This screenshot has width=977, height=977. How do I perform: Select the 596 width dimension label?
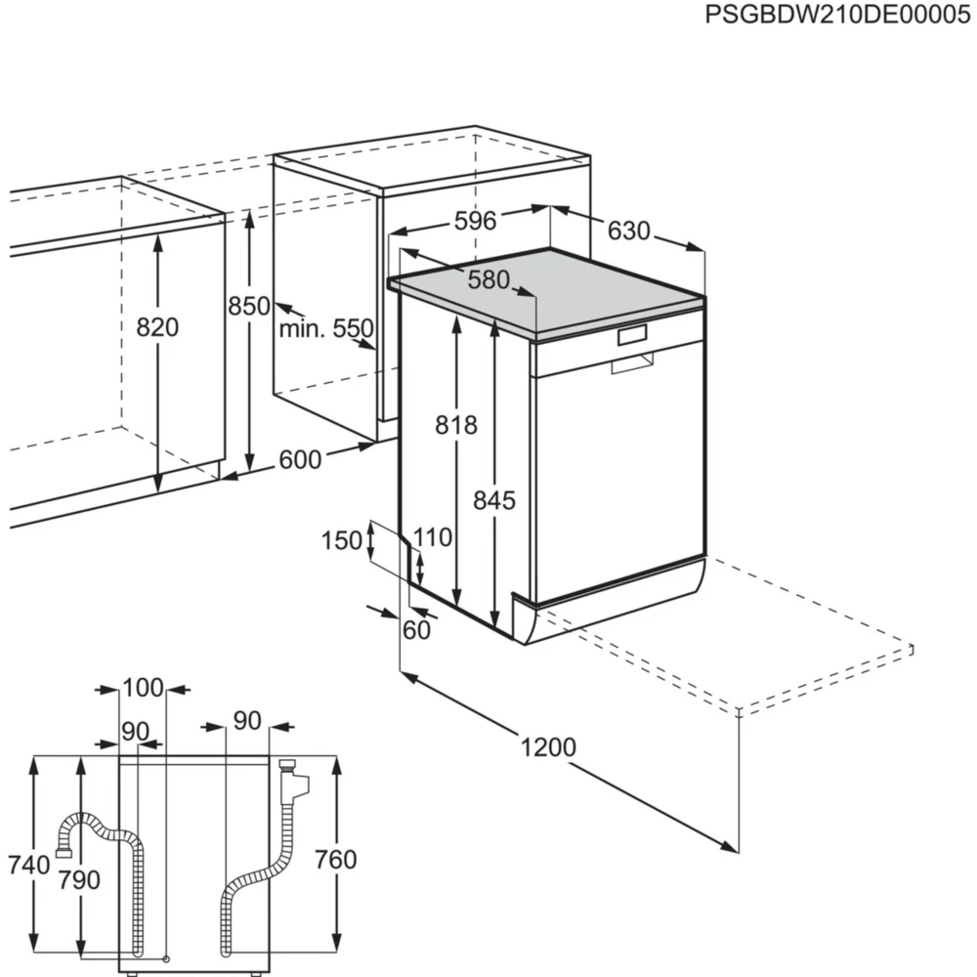click(475, 221)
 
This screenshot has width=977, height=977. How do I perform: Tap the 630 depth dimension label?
click(628, 232)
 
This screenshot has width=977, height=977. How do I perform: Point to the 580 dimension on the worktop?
click(488, 280)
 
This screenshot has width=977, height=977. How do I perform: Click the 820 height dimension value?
click(157, 327)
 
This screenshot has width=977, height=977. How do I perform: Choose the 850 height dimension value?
click(249, 306)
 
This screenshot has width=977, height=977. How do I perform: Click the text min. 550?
click(326, 328)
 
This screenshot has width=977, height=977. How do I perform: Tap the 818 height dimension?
click(456, 425)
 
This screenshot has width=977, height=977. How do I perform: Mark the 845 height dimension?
click(493, 500)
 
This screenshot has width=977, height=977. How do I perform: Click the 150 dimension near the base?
click(342, 539)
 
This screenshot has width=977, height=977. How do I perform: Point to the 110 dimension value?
click(433, 536)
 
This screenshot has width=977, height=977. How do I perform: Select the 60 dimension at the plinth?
click(416, 630)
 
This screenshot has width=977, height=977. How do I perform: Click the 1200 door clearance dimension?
click(548, 748)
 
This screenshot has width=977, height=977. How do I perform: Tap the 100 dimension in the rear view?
click(143, 688)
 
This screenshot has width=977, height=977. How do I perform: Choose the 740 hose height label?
click(28, 864)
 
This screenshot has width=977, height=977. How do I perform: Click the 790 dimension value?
click(79, 880)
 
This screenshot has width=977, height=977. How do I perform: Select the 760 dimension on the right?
click(336, 860)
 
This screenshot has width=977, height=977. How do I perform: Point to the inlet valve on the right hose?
click(291, 779)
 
